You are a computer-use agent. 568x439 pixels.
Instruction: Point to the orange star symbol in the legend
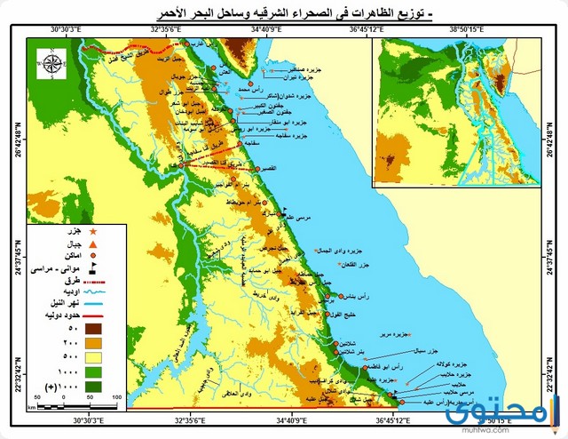pos(93,232)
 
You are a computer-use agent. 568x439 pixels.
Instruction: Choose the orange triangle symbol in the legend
pos(93,243)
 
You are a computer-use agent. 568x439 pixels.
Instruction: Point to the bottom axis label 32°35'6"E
pos(177,419)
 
